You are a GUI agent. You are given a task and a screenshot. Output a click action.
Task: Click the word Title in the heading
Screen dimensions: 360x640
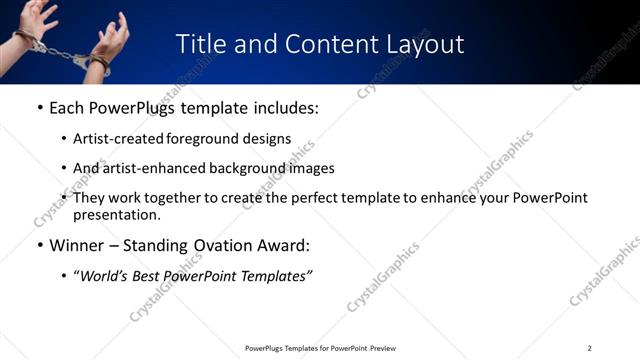click(202, 44)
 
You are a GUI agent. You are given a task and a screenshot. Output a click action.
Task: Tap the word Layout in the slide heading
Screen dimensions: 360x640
click(424, 44)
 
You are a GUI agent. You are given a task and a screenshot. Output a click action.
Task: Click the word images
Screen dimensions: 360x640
click(310, 168)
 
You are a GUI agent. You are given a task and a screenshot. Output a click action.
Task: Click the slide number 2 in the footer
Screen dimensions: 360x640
click(590, 348)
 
